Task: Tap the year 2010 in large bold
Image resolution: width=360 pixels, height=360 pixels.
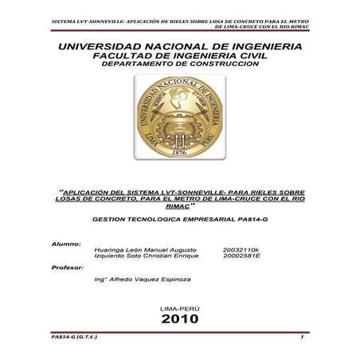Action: (x=180, y=319)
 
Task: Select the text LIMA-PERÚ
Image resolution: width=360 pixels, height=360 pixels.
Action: (x=180, y=307)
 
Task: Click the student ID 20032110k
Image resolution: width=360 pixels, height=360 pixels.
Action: (x=244, y=249)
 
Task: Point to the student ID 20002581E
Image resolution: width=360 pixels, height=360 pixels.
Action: (x=244, y=256)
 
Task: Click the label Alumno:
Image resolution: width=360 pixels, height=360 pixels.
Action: (x=66, y=242)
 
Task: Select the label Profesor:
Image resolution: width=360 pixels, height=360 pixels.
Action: (x=68, y=268)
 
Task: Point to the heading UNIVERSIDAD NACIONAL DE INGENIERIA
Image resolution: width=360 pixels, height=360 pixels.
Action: (x=180, y=49)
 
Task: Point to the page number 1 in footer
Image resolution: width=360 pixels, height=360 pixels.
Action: (x=303, y=338)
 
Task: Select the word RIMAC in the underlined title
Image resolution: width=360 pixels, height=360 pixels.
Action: (x=180, y=205)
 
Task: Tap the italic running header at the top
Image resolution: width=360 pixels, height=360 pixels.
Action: (x=180, y=22)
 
